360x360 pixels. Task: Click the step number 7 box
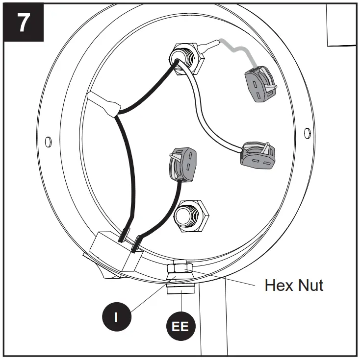tap(24, 23)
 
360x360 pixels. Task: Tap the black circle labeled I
tap(116, 317)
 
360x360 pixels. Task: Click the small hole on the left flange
tap(48, 142)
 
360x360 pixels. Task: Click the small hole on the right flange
tap(307, 132)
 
